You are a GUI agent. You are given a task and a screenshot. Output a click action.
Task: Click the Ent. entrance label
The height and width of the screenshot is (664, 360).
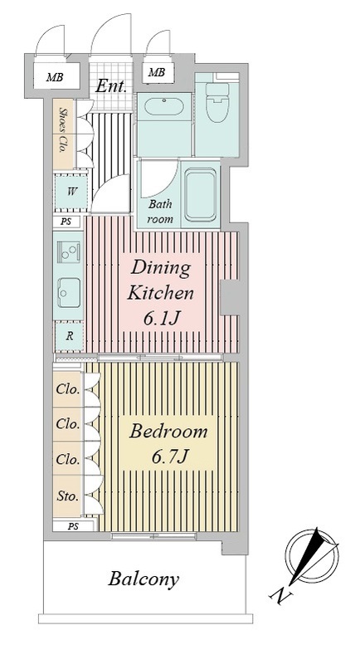(x=111, y=86)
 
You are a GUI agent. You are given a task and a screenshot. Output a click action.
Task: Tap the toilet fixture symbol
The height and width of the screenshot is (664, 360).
(x=217, y=101)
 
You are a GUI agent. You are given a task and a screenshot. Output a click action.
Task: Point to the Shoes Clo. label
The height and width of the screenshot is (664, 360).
(x=64, y=130)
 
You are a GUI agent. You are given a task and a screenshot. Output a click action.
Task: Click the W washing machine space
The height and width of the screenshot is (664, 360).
(x=71, y=191)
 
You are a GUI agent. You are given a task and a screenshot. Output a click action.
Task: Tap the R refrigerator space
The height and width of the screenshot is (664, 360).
(x=70, y=336)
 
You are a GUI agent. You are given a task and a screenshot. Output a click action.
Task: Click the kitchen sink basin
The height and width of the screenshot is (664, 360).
(x=69, y=293)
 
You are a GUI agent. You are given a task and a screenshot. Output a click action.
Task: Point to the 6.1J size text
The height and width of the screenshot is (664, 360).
(x=160, y=319)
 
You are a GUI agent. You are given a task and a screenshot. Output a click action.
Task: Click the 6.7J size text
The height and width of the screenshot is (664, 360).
(x=168, y=456)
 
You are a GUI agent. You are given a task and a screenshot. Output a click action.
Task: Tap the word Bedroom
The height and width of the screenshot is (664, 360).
(x=168, y=432)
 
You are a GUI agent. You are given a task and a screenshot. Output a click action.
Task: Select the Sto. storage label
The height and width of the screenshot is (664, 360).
(x=68, y=496)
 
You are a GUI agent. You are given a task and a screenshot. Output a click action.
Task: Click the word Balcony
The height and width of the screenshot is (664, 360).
(x=144, y=579)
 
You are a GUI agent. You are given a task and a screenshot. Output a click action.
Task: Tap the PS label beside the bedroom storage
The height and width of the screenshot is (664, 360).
(x=74, y=527)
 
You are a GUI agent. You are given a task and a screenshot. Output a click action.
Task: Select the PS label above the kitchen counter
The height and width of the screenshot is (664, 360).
(x=66, y=221)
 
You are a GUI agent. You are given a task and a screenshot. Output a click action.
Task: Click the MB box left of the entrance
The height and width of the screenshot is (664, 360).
(x=56, y=77)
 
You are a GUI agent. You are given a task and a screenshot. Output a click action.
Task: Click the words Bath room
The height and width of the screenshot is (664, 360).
(x=160, y=212)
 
